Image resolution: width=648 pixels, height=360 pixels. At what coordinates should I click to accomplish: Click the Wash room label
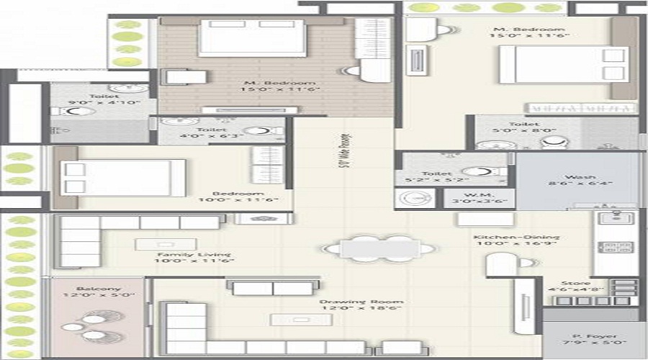[578, 176]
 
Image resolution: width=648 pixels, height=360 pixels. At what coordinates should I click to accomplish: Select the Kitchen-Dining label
[507, 237]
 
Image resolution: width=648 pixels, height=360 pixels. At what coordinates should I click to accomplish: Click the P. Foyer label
[590, 336]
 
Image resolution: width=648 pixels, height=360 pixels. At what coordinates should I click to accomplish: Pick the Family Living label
[194, 254]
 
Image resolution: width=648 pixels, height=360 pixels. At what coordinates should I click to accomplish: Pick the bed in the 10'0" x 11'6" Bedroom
[119, 177]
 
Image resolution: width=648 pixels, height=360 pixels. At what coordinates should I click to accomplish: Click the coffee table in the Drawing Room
[291, 319]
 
